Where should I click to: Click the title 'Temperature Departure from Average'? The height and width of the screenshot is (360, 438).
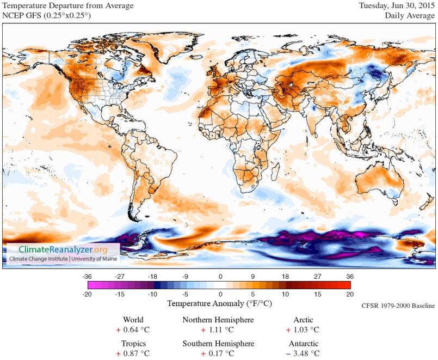68,6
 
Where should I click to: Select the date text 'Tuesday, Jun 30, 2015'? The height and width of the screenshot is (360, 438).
397,6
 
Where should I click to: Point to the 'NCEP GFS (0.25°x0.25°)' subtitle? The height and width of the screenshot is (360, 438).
47,16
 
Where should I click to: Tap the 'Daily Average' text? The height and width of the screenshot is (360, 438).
410,16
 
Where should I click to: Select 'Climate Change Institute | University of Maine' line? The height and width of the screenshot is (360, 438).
62,259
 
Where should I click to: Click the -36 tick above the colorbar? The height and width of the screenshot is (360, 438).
88,276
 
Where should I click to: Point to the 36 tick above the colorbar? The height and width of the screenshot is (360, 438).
350,276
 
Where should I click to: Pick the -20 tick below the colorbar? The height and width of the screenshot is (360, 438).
88,294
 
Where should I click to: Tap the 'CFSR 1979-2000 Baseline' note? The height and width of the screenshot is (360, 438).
398,306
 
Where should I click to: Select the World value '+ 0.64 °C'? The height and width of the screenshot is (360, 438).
133,330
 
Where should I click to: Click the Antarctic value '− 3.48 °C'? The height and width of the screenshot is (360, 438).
303,353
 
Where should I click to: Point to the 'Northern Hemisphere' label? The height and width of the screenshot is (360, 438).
218,320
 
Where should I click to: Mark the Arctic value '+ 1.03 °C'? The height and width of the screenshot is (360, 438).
303,330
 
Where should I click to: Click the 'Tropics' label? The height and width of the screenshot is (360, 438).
133,344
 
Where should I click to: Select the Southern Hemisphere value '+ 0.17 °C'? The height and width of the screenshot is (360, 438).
218,353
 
